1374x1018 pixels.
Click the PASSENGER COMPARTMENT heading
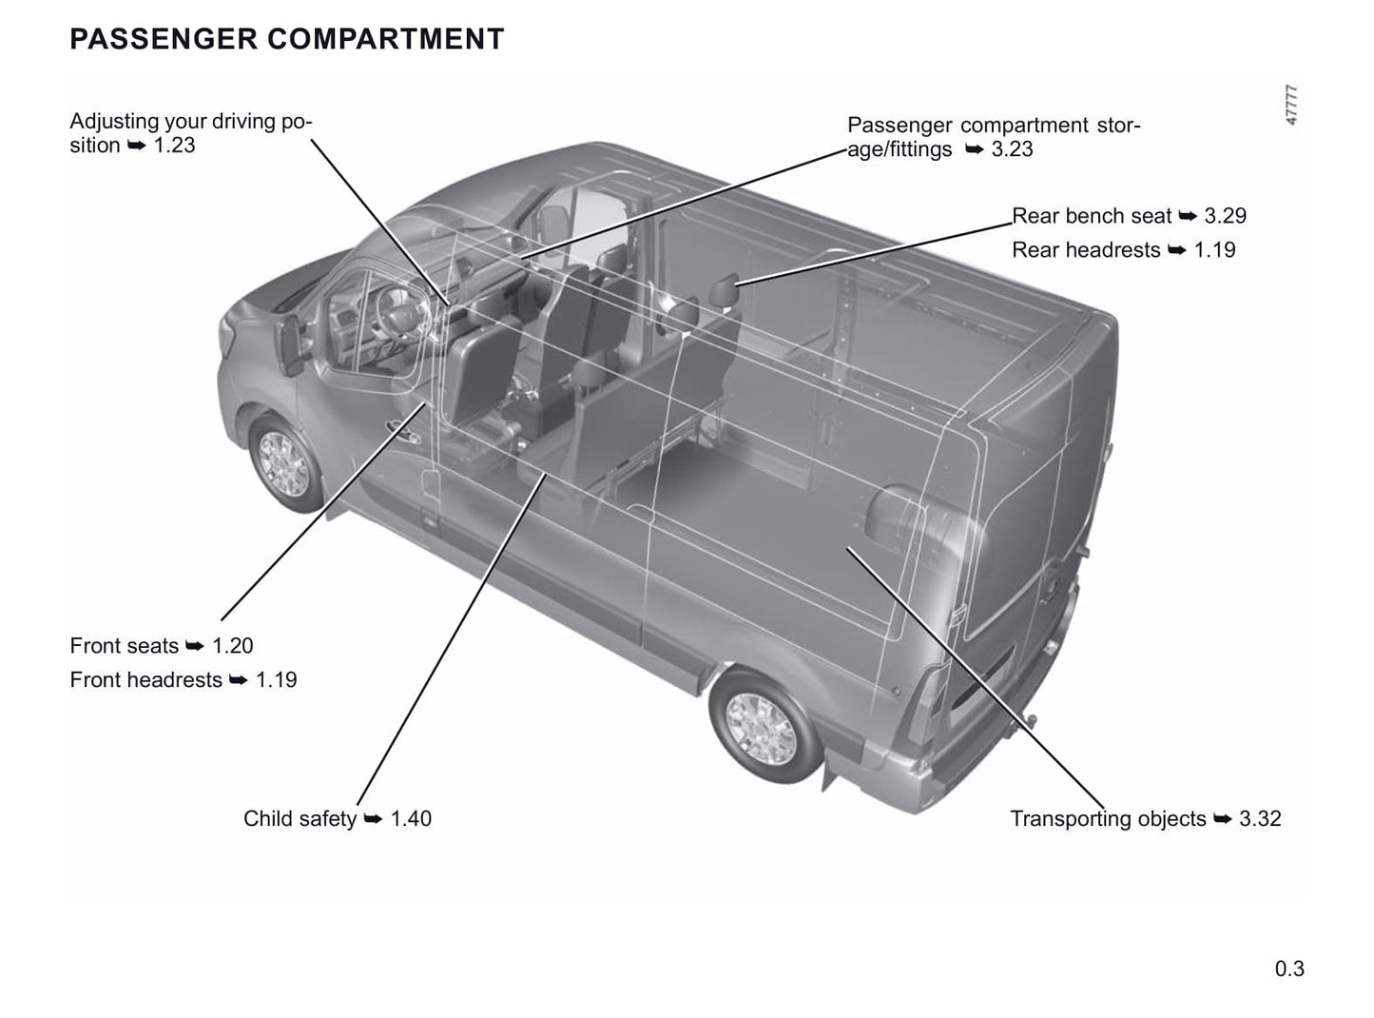[x=287, y=39]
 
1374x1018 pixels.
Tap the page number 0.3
[x=1289, y=969]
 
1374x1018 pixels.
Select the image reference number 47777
[x=1291, y=105]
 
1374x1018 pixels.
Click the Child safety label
[x=300, y=819]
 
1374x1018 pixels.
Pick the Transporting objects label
[x=1109, y=819]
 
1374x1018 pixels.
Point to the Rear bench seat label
[x=1092, y=216]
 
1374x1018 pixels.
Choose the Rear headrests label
[x=1086, y=250]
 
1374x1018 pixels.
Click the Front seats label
[x=124, y=646]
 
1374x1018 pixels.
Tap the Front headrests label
[x=145, y=680]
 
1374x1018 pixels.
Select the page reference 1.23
[x=174, y=145]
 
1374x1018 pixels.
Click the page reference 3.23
[x=1013, y=148]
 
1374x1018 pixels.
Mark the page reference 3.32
[x=1260, y=819]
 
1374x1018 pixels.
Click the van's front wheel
[x=285, y=463]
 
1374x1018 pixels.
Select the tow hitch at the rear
[x=1030, y=720]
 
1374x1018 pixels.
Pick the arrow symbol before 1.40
[x=373, y=819]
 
